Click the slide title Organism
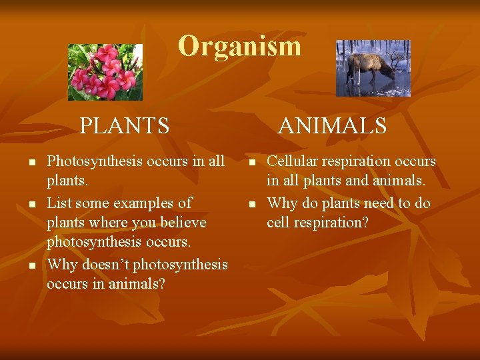point(239,47)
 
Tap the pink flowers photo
point(105,72)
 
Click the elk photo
point(373,68)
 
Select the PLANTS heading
point(125,125)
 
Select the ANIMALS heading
point(332,125)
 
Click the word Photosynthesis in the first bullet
point(90,162)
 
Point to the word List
point(59,203)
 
